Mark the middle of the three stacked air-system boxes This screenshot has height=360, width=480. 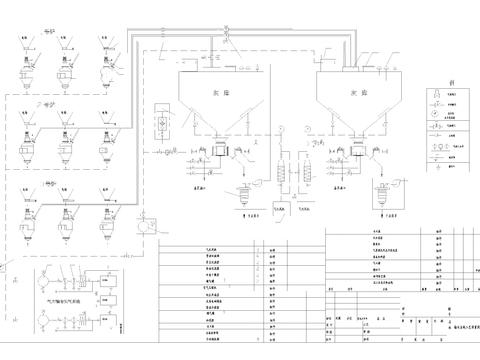tap(107, 297)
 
